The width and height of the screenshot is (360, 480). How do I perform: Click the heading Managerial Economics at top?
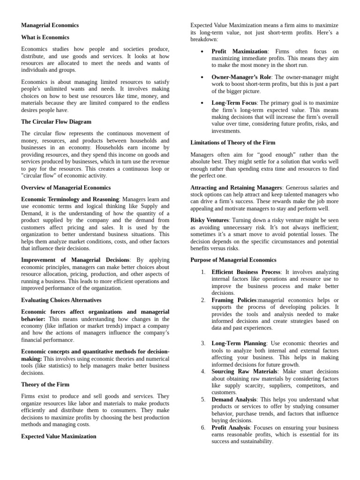50,25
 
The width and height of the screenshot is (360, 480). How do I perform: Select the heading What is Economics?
45,37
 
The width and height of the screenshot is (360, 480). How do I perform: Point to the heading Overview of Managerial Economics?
66,187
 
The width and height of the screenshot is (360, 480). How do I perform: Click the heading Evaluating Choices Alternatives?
61,300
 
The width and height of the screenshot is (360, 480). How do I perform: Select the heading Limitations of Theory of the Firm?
233,142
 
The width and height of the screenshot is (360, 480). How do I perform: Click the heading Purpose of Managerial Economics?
233,260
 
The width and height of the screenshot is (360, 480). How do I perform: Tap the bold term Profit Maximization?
239,51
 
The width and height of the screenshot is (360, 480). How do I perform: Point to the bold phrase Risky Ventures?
210,220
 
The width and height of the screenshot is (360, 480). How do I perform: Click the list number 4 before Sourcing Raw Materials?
203,371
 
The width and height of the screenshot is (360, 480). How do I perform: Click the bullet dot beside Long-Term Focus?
201,103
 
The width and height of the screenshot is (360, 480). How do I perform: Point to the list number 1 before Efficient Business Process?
203,272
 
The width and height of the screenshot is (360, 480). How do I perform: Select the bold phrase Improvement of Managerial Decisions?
75,260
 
